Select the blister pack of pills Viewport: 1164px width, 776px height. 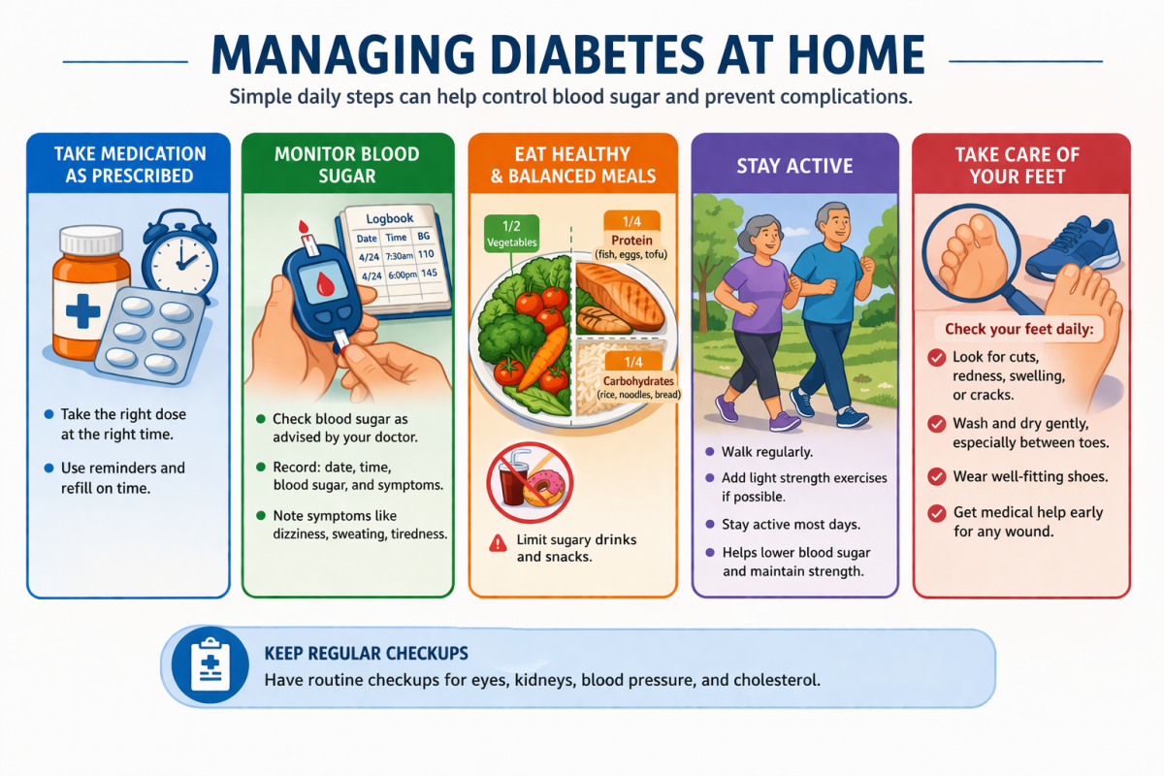pos(149,336)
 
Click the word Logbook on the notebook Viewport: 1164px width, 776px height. pos(390,218)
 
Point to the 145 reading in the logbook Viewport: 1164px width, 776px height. pos(429,274)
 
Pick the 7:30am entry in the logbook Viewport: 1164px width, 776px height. pos(399,256)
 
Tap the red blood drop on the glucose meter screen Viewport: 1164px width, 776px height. pos(325,284)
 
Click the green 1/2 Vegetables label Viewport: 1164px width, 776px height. pos(511,234)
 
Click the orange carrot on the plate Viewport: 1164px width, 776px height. pos(543,359)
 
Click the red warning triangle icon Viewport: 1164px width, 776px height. pos(498,543)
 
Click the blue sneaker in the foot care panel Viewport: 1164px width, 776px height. pos(1073,248)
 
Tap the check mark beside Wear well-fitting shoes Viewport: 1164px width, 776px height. pos(937,476)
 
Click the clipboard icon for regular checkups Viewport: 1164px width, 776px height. pos(210,664)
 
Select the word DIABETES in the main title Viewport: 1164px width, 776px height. pos(597,55)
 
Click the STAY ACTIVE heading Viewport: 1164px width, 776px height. pos(795,166)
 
